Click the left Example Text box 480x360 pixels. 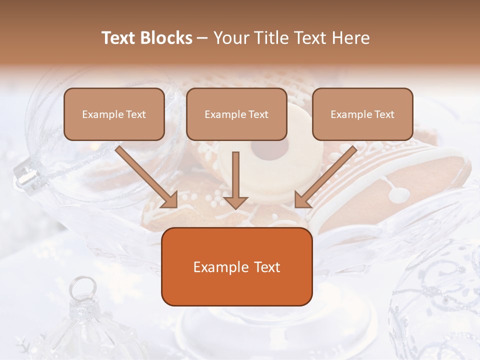click(114, 114)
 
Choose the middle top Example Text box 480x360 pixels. click(236, 114)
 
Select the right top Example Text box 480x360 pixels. click(362, 114)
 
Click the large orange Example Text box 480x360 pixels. click(236, 266)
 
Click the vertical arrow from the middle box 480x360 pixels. click(236, 177)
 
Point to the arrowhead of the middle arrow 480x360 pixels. click(236, 202)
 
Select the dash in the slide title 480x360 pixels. click(202, 38)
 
